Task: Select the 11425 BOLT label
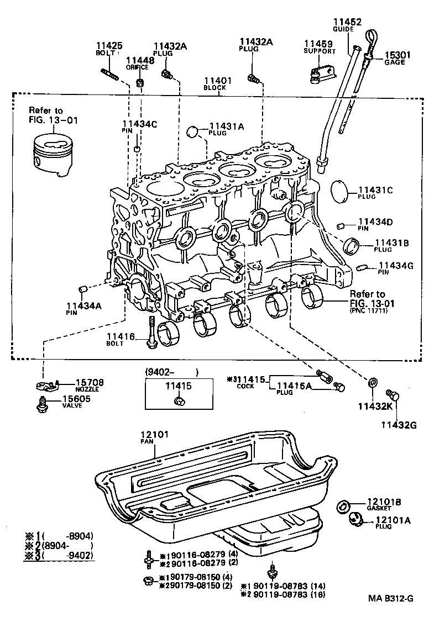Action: click(x=108, y=49)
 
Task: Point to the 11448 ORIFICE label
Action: click(x=137, y=64)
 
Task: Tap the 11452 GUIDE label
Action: click(x=347, y=25)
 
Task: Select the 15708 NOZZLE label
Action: click(x=89, y=385)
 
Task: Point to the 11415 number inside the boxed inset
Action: click(x=179, y=385)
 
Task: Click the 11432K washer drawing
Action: click(x=374, y=382)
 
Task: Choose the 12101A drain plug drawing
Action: click(x=354, y=519)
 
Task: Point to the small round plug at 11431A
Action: click(x=192, y=131)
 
